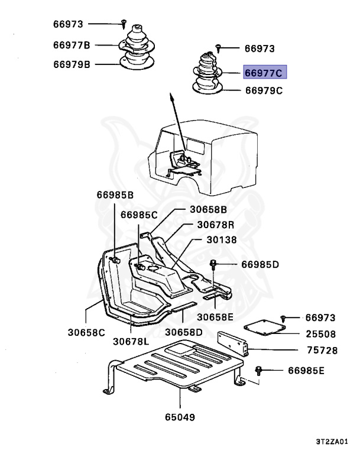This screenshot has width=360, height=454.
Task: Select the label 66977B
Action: [x=71, y=45]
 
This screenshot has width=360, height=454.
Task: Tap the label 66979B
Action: [x=71, y=64]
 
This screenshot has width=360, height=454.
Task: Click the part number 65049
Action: [x=180, y=417]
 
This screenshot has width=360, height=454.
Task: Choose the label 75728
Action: [x=322, y=351]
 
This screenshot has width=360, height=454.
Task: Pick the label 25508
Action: [x=322, y=334]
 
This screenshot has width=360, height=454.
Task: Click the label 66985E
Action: [x=307, y=371]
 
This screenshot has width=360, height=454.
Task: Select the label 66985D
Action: [x=260, y=264]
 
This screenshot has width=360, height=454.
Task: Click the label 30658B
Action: [x=209, y=209]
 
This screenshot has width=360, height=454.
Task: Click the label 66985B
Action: [x=115, y=194]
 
